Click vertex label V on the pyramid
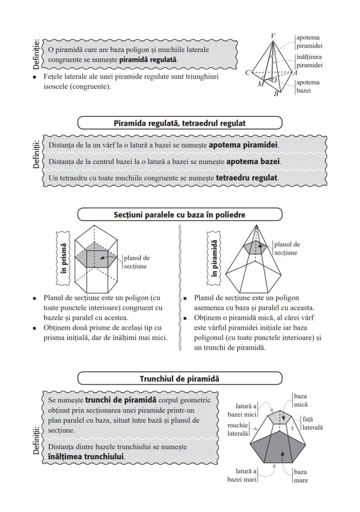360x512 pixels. tap(272, 36)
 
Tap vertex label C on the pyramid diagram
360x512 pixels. tap(247, 73)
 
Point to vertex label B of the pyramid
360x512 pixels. tap(276, 94)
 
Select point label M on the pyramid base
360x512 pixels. tap(260, 84)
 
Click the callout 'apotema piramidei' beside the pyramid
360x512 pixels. tap(310, 41)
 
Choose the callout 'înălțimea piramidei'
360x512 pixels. tap(310, 61)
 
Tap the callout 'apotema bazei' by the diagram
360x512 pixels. tap(308, 86)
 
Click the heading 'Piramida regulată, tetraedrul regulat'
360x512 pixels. tap(180, 123)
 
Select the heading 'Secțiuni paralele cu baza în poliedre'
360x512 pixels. tap(180, 215)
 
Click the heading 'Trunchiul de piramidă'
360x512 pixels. tap(180, 379)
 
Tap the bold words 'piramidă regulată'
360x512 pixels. tap(148, 59)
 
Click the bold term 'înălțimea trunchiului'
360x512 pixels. tap(83, 457)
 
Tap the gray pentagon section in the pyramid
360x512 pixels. tap(254, 247)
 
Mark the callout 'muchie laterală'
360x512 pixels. tap(237, 429)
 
